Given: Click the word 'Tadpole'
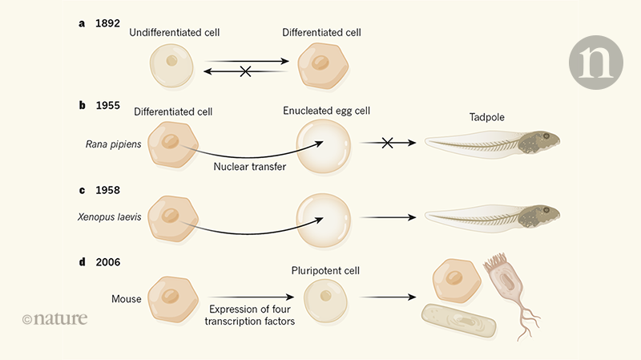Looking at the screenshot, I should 486,117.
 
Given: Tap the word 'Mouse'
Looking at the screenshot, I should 127,299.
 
